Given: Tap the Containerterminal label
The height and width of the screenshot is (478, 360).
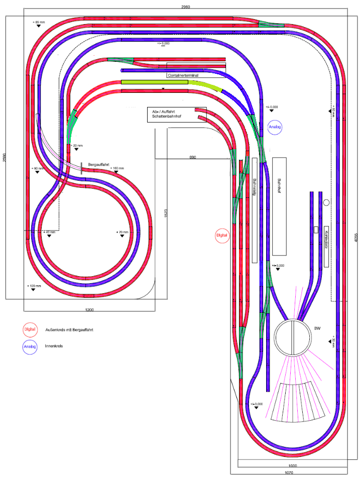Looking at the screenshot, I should [183, 75].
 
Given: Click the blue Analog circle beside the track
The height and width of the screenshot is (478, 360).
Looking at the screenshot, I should [275, 127].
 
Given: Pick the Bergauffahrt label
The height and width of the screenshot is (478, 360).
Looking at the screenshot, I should [98, 164].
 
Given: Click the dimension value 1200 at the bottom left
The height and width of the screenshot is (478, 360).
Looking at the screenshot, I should [89, 310].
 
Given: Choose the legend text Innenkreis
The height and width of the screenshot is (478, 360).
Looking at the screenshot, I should [53, 346].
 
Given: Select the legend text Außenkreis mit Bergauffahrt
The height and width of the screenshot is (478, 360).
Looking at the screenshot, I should [70, 329].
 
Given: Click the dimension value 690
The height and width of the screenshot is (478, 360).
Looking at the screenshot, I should [192, 157].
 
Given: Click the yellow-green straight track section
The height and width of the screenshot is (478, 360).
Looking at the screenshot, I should [155, 82].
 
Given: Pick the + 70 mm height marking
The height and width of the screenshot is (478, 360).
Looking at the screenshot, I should [123, 232].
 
